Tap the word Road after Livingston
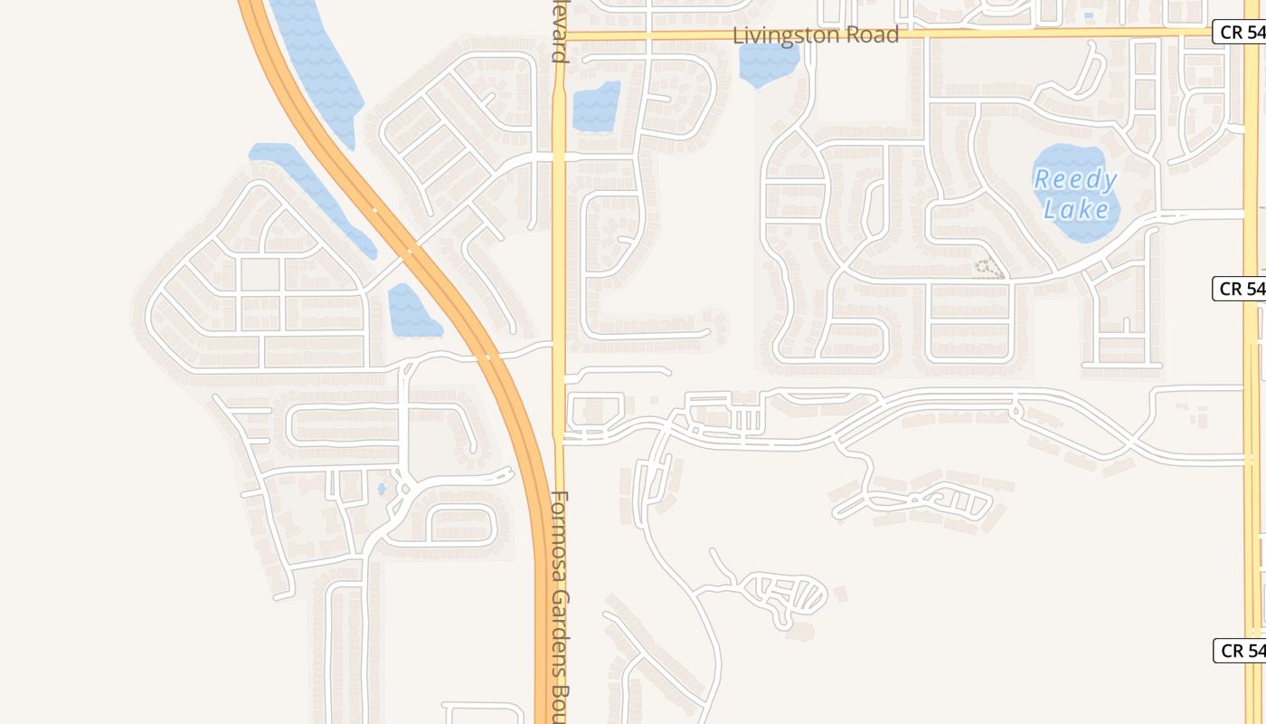[873, 35]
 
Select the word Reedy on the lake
[1075, 179]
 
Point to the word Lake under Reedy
[1076, 211]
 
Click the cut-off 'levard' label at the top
[560, 36]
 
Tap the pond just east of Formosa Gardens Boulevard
[596, 107]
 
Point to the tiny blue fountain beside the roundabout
[382, 489]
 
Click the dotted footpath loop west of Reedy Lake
[989, 269]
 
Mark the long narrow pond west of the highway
[312, 195]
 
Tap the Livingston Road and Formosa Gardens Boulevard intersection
[559, 35]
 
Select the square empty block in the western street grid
[260, 275]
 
